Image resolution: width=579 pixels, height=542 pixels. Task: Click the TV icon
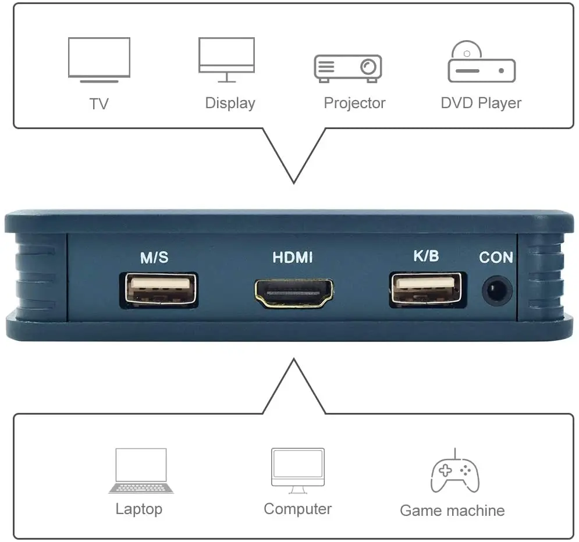[99, 59]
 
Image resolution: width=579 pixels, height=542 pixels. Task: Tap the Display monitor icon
[226, 59]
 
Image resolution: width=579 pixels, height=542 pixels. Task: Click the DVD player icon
[481, 63]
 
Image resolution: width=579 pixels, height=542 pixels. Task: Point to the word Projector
[354, 104]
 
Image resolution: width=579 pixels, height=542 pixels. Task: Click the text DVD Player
[481, 104]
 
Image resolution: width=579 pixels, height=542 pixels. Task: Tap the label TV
[99, 104]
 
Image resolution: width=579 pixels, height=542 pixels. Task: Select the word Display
[230, 104]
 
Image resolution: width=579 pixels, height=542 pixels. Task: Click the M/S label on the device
[154, 258]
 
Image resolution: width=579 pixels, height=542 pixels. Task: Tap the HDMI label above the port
[293, 257]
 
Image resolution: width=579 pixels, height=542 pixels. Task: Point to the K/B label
[425, 256]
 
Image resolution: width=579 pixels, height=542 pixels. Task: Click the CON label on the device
[496, 257]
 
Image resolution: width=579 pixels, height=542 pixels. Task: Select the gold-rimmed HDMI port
[293, 292]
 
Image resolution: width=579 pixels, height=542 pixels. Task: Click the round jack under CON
[496, 291]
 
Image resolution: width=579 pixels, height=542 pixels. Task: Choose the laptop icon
[141, 470]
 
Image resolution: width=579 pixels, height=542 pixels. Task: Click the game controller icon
[455, 471]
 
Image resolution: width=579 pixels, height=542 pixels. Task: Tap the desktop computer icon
[297, 470]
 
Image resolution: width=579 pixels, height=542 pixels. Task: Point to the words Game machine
[452, 511]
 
